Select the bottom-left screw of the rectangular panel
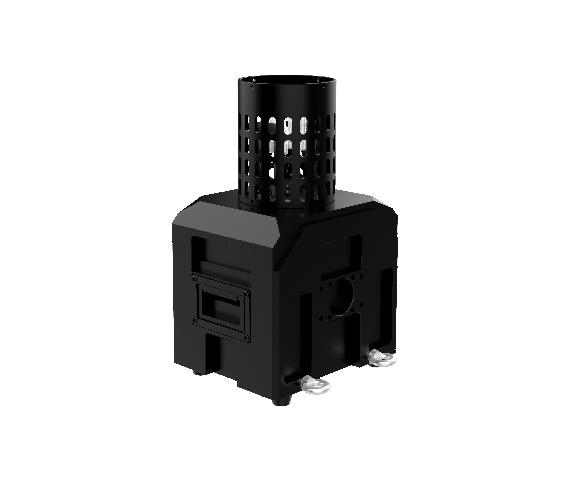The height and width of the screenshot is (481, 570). click(x=194, y=319)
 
